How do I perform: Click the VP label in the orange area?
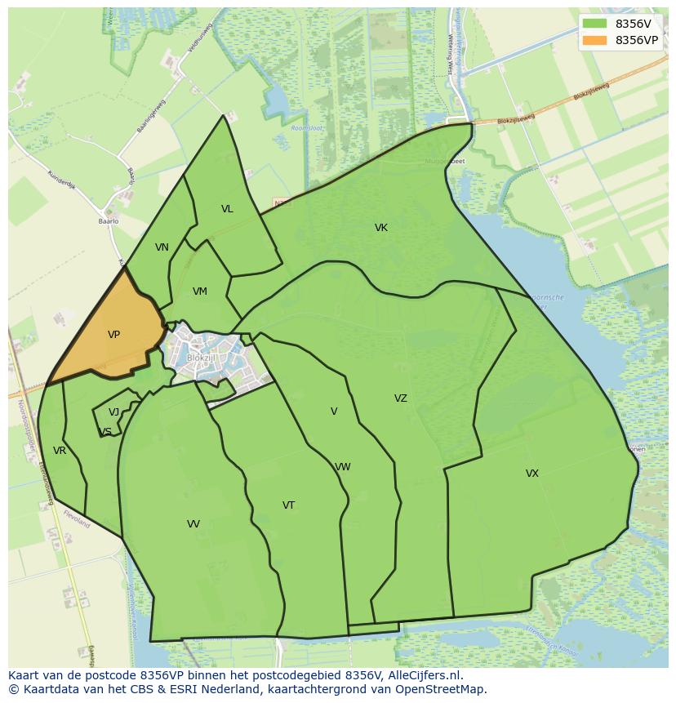pyautogui.click(x=113, y=335)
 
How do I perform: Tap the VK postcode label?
pyautogui.click(x=381, y=228)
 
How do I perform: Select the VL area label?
pyautogui.click(x=227, y=209)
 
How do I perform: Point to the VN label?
pyautogui.click(x=162, y=247)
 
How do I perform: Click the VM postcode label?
pyautogui.click(x=200, y=291)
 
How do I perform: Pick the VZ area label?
pyautogui.click(x=400, y=398)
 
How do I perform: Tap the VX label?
pyautogui.click(x=532, y=474)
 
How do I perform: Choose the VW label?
pyautogui.click(x=343, y=467)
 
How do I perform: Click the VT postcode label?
pyautogui.click(x=288, y=505)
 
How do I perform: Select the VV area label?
pyautogui.click(x=193, y=524)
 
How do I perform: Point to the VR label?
pyautogui.click(x=60, y=451)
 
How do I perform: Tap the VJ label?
pyautogui.click(x=113, y=412)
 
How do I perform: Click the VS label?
pyautogui.click(x=105, y=432)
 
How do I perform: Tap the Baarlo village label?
pyautogui.click(x=109, y=221)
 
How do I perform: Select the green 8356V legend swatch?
pyautogui.click(x=595, y=23)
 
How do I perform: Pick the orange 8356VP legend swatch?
pyautogui.click(x=595, y=39)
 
